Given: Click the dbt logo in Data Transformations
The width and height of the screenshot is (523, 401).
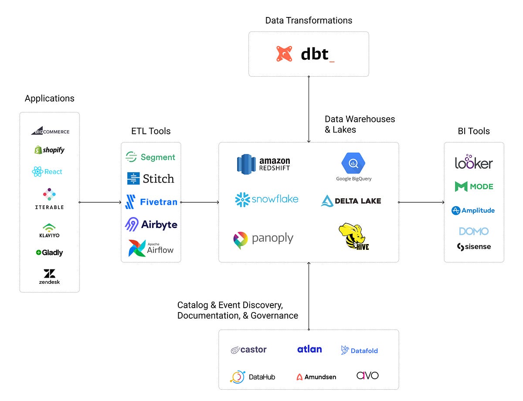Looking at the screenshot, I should tap(305, 54).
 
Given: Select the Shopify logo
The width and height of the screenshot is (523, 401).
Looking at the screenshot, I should tap(50, 150).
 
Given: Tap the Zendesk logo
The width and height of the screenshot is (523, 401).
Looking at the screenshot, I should tap(49, 276).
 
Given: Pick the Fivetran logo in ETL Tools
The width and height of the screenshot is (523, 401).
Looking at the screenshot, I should tap(151, 202).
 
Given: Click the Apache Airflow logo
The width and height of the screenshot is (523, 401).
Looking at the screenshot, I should tap(151, 248).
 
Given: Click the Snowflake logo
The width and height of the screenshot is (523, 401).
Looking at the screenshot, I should tap(267, 200).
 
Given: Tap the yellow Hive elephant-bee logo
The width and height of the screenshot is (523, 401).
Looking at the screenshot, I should tap(353, 236).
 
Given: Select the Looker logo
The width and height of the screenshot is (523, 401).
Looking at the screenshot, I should tap(474, 162).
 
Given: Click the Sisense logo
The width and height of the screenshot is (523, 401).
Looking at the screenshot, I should tap(474, 247).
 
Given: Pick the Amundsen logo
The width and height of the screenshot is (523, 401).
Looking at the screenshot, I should tap(316, 377).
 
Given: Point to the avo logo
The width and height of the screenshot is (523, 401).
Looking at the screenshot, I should tap(367, 375).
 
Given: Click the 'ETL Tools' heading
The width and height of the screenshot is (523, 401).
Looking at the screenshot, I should tap(151, 131).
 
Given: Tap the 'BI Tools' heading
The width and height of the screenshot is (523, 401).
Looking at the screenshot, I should tap(474, 131).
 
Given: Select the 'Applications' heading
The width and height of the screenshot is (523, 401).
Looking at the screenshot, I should tap(49, 99).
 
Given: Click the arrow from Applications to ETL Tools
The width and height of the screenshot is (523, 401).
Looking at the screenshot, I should tap(100, 202).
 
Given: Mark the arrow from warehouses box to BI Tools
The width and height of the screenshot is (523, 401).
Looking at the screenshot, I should tap(421, 202).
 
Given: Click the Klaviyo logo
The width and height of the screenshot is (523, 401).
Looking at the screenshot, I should tap(49, 230).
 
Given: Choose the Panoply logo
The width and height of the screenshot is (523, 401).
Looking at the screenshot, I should tap(263, 239).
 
